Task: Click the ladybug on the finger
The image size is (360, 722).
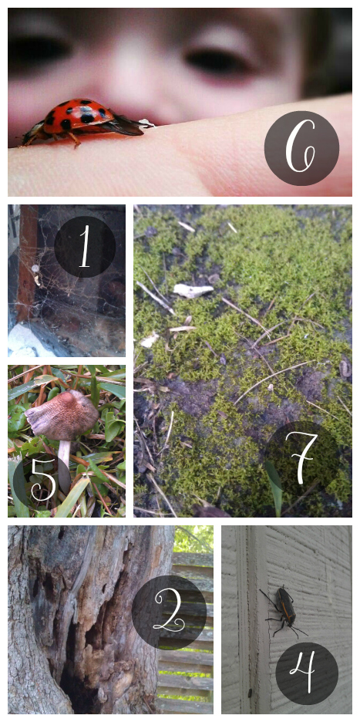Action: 82,122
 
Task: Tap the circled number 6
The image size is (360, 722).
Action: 301,148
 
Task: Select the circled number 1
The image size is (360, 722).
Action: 85,247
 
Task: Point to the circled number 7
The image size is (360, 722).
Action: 301,458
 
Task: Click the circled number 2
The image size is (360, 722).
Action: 169,612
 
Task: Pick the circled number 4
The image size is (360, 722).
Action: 307,673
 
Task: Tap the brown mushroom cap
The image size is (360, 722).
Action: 62,414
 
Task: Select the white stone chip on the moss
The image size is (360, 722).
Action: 193,290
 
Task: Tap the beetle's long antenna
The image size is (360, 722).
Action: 267,597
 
